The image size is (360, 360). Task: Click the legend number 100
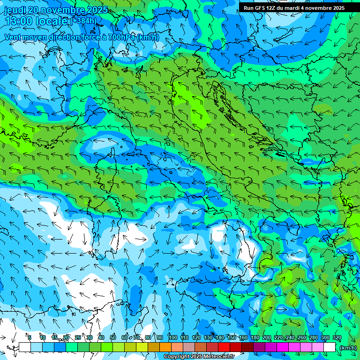pyautogui.click(x=173, y=337)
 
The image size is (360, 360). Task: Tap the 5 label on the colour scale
pyautogui.click(x=30, y=337)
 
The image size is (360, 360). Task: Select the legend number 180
pyautogui.click(x=255, y=337)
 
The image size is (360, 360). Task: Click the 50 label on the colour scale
pyautogui.click(x=113, y=337)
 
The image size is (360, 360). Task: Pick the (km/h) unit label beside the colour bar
pyautogui.click(x=348, y=347)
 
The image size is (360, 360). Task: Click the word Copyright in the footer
pyautogui.click(x=177, y=357)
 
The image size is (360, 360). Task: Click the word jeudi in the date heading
pyautogui.click(x=15, y=10)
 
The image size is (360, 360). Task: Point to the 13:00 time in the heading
pyautogui.click(x=18, y=21)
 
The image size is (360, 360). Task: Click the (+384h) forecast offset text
pyautogui.click(x=83, y=21)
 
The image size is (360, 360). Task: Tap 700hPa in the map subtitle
pyautogui.click(x=122, y=37)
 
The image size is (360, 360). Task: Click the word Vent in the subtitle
pyautogui.click(x=14, y=37)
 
